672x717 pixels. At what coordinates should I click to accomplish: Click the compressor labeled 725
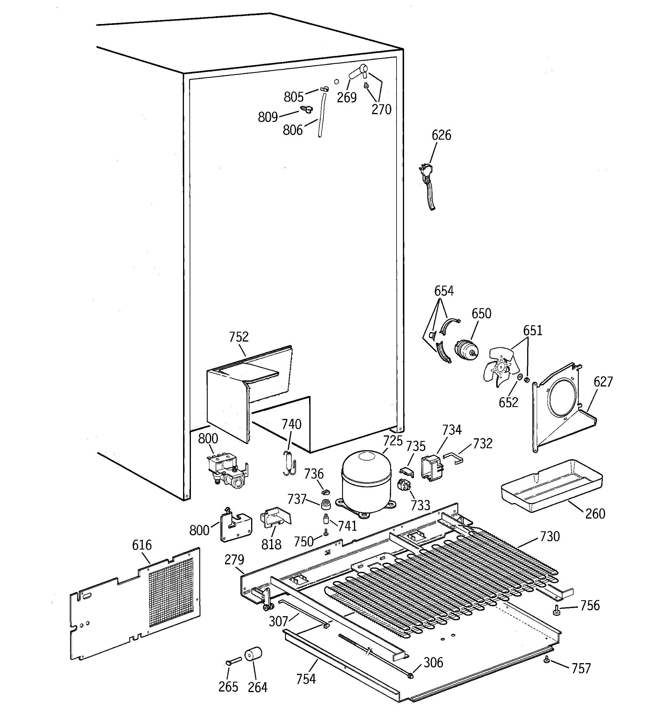pos(366,481)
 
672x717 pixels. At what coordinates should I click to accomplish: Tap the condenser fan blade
pos(500,366)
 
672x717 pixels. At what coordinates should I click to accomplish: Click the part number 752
pos(239,337)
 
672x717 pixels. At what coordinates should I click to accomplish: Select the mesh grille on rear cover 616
pos(171,594)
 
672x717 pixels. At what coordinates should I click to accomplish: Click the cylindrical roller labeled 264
pos(253,654)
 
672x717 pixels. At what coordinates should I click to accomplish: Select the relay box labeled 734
pos(432,468)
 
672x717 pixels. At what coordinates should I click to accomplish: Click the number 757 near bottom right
pos(581,669)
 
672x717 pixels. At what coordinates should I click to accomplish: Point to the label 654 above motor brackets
pos(444,291)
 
